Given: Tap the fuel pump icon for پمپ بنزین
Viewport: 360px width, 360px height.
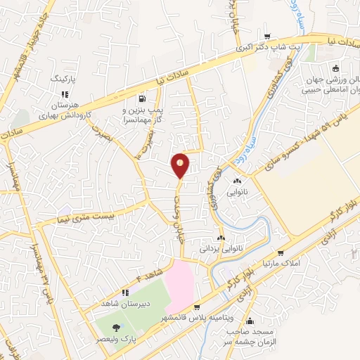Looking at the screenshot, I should tap(143, 98).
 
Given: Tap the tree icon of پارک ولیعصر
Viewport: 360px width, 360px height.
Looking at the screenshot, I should tap(117, 327).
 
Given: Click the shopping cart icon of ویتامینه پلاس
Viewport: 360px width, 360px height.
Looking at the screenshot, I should tap(198, 307).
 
